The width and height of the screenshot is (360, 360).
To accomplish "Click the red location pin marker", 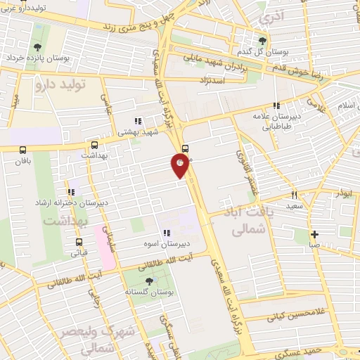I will pyautogui.click(x=180, y=166).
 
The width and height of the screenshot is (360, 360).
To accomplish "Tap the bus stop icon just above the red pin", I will pyautogui.click(x=185, y=148).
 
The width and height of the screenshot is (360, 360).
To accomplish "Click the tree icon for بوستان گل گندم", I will pyautogui.click(x=263, y=41).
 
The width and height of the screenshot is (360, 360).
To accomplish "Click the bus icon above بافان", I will pyautogui.click(x=23, y=150).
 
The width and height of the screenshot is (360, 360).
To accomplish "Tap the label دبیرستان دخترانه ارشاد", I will pyautogui.click(x=68, y=203).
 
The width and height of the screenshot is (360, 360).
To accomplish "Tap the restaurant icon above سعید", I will pyautogui.click(x=295, y=195).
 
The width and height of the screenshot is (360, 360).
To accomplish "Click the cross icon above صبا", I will pyautogui.click(x=314, y=234).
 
